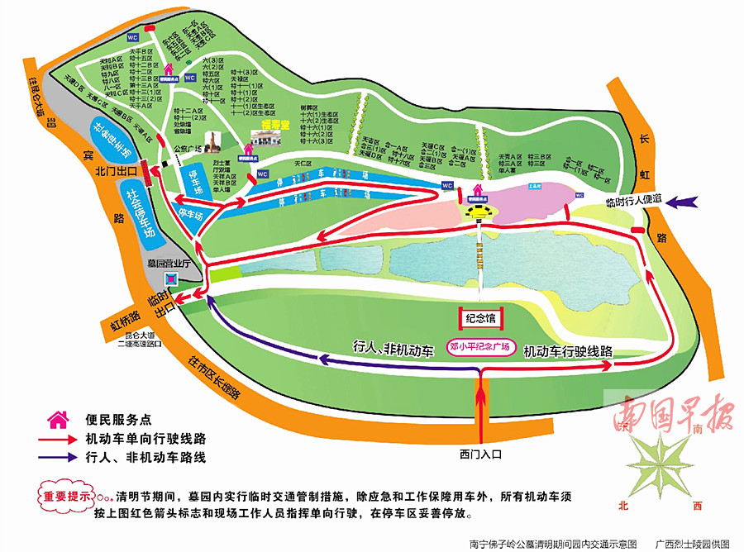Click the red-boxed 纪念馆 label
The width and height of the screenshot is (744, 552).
tap(481, 316)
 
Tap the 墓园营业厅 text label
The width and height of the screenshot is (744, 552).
tap(169, 263)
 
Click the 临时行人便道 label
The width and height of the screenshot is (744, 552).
tap(632, 201)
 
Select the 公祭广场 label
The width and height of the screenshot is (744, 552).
tap(189, 150)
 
